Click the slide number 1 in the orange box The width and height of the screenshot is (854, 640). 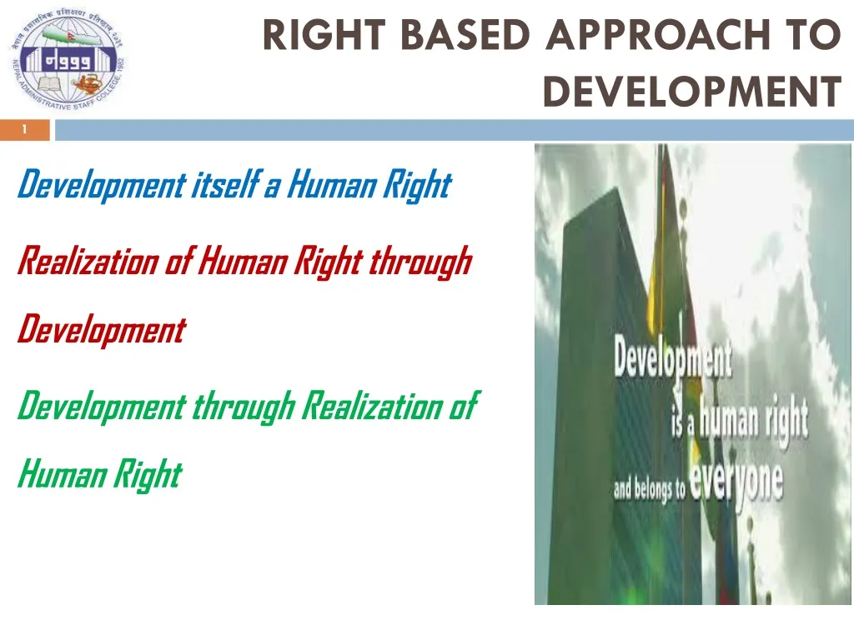click(x=25, y=129)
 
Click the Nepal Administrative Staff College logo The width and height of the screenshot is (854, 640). click(x=66, y=62)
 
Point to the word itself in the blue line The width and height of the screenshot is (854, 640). click(x=224, y=184)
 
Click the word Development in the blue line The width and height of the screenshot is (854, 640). click(x=101, y=185)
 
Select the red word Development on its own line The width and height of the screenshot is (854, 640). click(x=101, y=330)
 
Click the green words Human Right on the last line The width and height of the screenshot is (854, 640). click(x=98, y=475)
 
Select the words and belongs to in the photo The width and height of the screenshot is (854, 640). click(x=648, y=489)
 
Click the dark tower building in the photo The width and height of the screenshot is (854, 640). click(x=600, y=333)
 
